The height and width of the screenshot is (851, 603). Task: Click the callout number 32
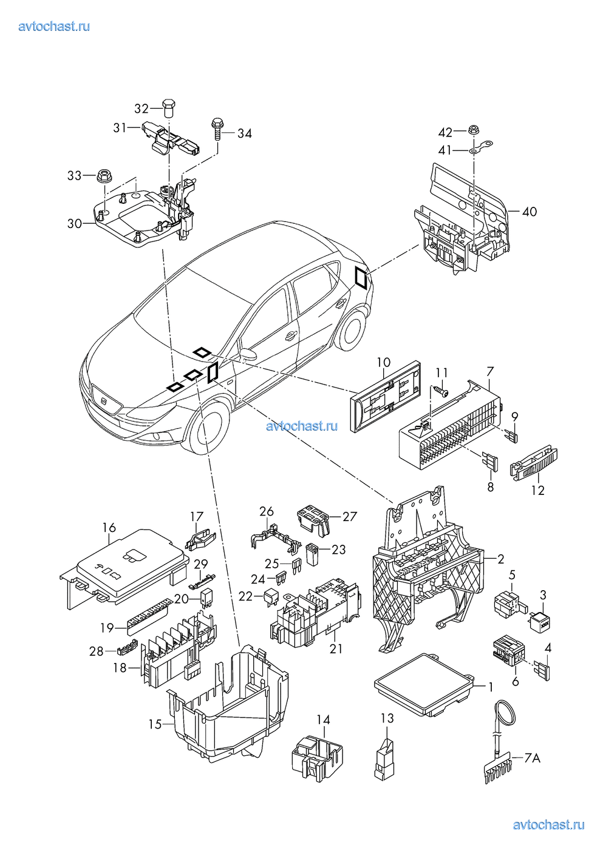141,109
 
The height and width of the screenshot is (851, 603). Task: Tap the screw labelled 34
217,129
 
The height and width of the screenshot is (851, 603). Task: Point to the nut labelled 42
472,131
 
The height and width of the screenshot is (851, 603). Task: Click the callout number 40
529,212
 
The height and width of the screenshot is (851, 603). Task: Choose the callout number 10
383,363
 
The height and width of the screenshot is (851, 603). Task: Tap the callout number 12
539,489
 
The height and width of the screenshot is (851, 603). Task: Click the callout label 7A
532,758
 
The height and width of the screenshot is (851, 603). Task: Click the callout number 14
323,720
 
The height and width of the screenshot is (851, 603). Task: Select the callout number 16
109,528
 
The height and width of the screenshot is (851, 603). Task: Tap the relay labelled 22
270,597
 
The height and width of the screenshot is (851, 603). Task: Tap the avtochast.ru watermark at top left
54,27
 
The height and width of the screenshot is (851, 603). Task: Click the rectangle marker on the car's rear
361,278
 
